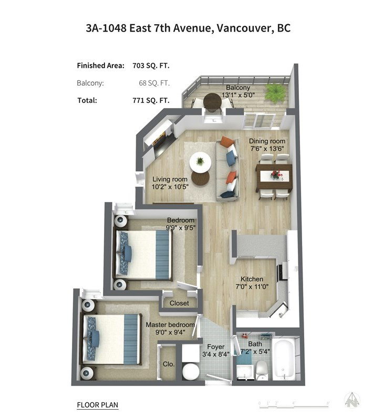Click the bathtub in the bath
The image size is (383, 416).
click(284, 359)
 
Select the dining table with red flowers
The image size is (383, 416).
click(274, 176)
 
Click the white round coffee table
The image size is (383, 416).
click(200, 162)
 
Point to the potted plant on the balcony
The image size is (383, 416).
click(275, 92)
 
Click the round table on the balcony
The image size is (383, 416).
click(212, 102)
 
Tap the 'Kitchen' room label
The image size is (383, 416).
click(252, 279)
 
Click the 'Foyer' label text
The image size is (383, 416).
click(216, 347)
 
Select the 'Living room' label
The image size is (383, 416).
click(170, 179)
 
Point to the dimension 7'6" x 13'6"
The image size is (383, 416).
click(267, 149)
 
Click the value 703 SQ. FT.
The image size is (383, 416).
click(151, 66)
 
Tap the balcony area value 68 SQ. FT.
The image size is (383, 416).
click(154, 83)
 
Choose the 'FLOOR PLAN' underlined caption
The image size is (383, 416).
click(97, 405)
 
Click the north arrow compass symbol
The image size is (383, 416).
click(352, 400)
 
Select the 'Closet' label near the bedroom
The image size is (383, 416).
click(179, 303)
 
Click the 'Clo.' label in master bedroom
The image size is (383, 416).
click(169, 364)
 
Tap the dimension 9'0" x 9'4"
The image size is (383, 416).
click(170, 332)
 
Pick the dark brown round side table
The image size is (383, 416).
click(200, 178)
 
